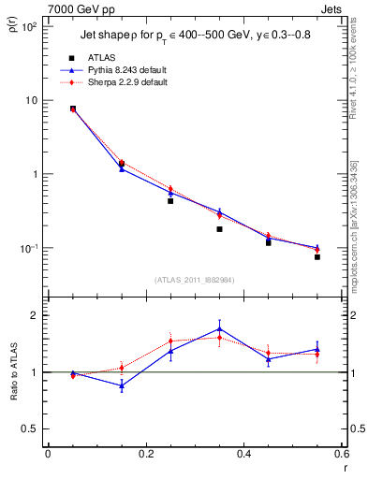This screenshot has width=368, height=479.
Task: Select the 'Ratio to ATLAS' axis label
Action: click(13, 372)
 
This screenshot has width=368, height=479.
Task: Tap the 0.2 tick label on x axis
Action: click(146, 454)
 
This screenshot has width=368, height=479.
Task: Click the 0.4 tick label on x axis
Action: click(244, 454)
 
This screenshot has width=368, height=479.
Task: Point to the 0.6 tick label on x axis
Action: click(342, 454)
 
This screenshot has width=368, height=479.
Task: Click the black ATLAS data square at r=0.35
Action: click(219, 229)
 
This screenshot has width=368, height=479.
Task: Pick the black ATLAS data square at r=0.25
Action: click(170, 201)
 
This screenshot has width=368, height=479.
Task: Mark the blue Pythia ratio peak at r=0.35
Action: click(219, 328)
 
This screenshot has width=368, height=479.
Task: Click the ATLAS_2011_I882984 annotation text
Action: click(195, 280)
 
